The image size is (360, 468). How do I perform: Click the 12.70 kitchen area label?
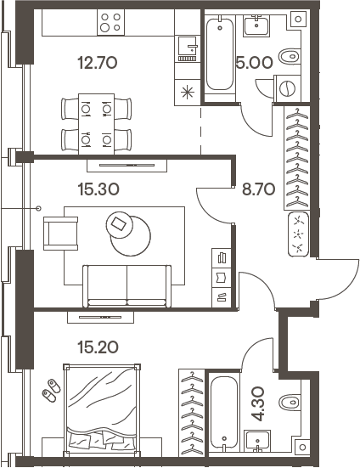pyautogui.click(x=95, y=62)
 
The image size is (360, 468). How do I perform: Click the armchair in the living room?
pyautogui.click(x=60, y=229)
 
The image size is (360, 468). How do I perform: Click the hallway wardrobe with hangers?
pyautogui.click(x=297, y=161)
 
